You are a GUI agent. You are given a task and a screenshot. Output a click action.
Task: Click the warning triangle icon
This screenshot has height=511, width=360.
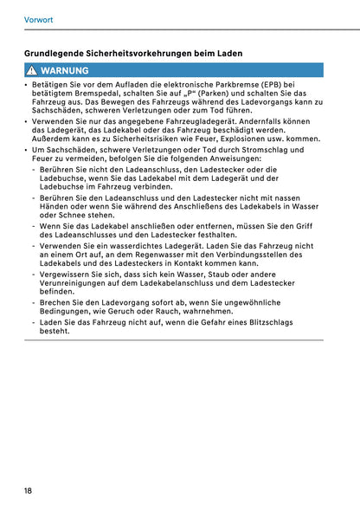30,70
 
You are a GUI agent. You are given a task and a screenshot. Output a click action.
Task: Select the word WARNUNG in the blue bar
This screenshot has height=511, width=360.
64,70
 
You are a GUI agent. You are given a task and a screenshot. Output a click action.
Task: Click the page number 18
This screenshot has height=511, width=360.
29,491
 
